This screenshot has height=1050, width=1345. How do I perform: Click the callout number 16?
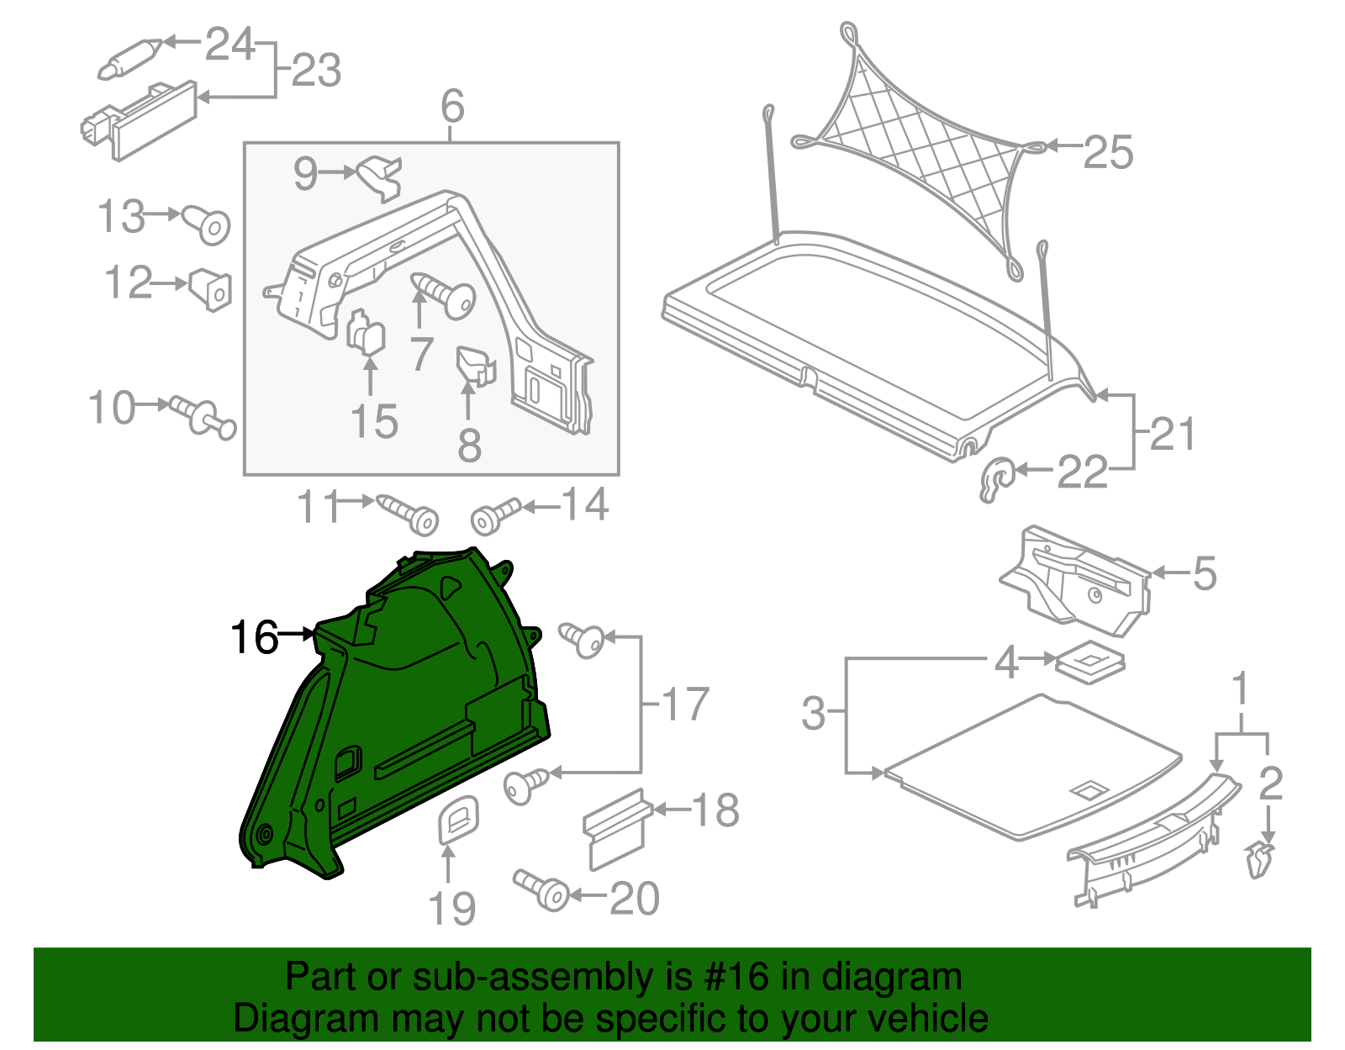click(254, 637)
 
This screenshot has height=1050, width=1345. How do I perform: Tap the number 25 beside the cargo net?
click(1108, 152)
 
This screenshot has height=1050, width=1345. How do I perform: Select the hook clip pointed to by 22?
click(997, 479)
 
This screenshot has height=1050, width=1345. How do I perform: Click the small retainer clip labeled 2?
click(1259, 860)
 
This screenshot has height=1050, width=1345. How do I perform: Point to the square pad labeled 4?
click(1089, 662)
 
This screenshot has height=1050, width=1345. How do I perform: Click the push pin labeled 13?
click(208, 224)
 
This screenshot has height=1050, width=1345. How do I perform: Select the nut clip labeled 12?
click(210, 289)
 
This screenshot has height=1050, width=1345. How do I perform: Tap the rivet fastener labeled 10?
click(203, 415)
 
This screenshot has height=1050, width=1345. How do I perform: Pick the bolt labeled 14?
click(495, 516)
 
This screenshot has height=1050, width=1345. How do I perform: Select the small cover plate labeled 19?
click(459, 818)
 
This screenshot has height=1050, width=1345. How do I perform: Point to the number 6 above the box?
click(452, 107)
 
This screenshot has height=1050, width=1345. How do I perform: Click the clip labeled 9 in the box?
click(382, 176)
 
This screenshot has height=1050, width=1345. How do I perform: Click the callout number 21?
click(1172, 434)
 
